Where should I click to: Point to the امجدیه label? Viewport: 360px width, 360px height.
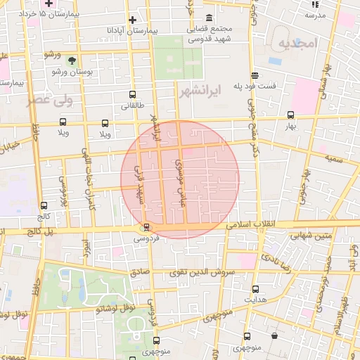(x=298, y=44)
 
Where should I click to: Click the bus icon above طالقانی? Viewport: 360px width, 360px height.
(x=132, y=95)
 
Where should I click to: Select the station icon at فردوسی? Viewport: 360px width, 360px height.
(x=146, y=226)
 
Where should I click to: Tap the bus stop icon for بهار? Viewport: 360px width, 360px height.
(x=291, y=115)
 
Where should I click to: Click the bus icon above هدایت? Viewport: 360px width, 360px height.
(x=255, y=288)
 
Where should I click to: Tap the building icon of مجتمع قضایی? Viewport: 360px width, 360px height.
(x=209, y=18)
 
